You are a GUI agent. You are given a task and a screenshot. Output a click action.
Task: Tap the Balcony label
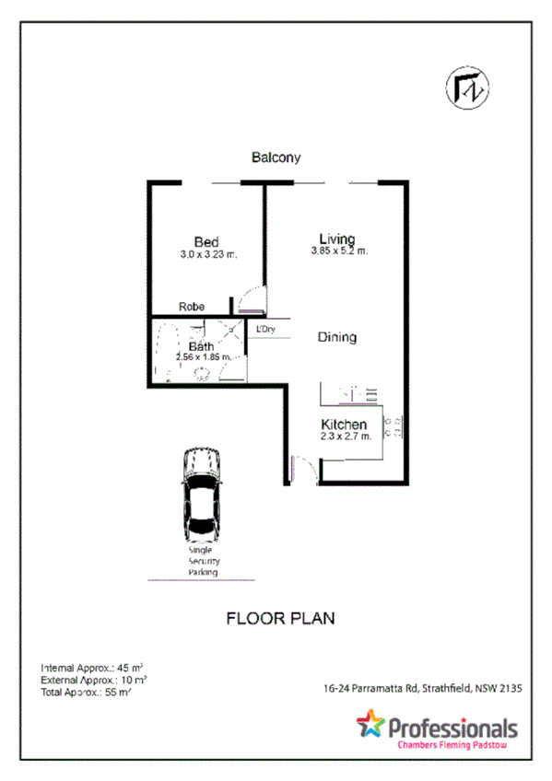tap(276, 157)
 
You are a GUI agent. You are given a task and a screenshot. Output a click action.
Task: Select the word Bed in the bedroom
tap(206, 242)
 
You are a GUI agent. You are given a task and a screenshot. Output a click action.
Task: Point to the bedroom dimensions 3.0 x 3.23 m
tap(209, 255)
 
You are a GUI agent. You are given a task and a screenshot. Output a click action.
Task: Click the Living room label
tap(337, 238)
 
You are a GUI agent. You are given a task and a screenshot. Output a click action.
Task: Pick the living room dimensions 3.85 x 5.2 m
tap(338, 251)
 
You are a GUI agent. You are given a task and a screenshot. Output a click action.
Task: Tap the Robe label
tap(192, 307)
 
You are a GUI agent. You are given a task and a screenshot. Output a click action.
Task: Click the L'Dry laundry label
tap(266, 329)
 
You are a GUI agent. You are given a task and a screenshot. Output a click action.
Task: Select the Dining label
tap(337, 337)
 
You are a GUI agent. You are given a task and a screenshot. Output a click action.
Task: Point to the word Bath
tap(202, 346)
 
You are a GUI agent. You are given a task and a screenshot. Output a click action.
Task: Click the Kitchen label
tap(344, 424)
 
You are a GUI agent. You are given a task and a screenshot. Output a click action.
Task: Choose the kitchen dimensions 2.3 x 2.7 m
tap(346, 437)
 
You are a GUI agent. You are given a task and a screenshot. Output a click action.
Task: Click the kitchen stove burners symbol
tap(391, 425)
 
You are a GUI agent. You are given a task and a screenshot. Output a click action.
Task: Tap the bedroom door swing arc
tap(247, 299)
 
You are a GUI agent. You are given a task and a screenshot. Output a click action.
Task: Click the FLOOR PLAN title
tap(280, 618)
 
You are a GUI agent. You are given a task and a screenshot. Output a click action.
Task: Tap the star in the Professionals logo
tap(370, 723)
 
